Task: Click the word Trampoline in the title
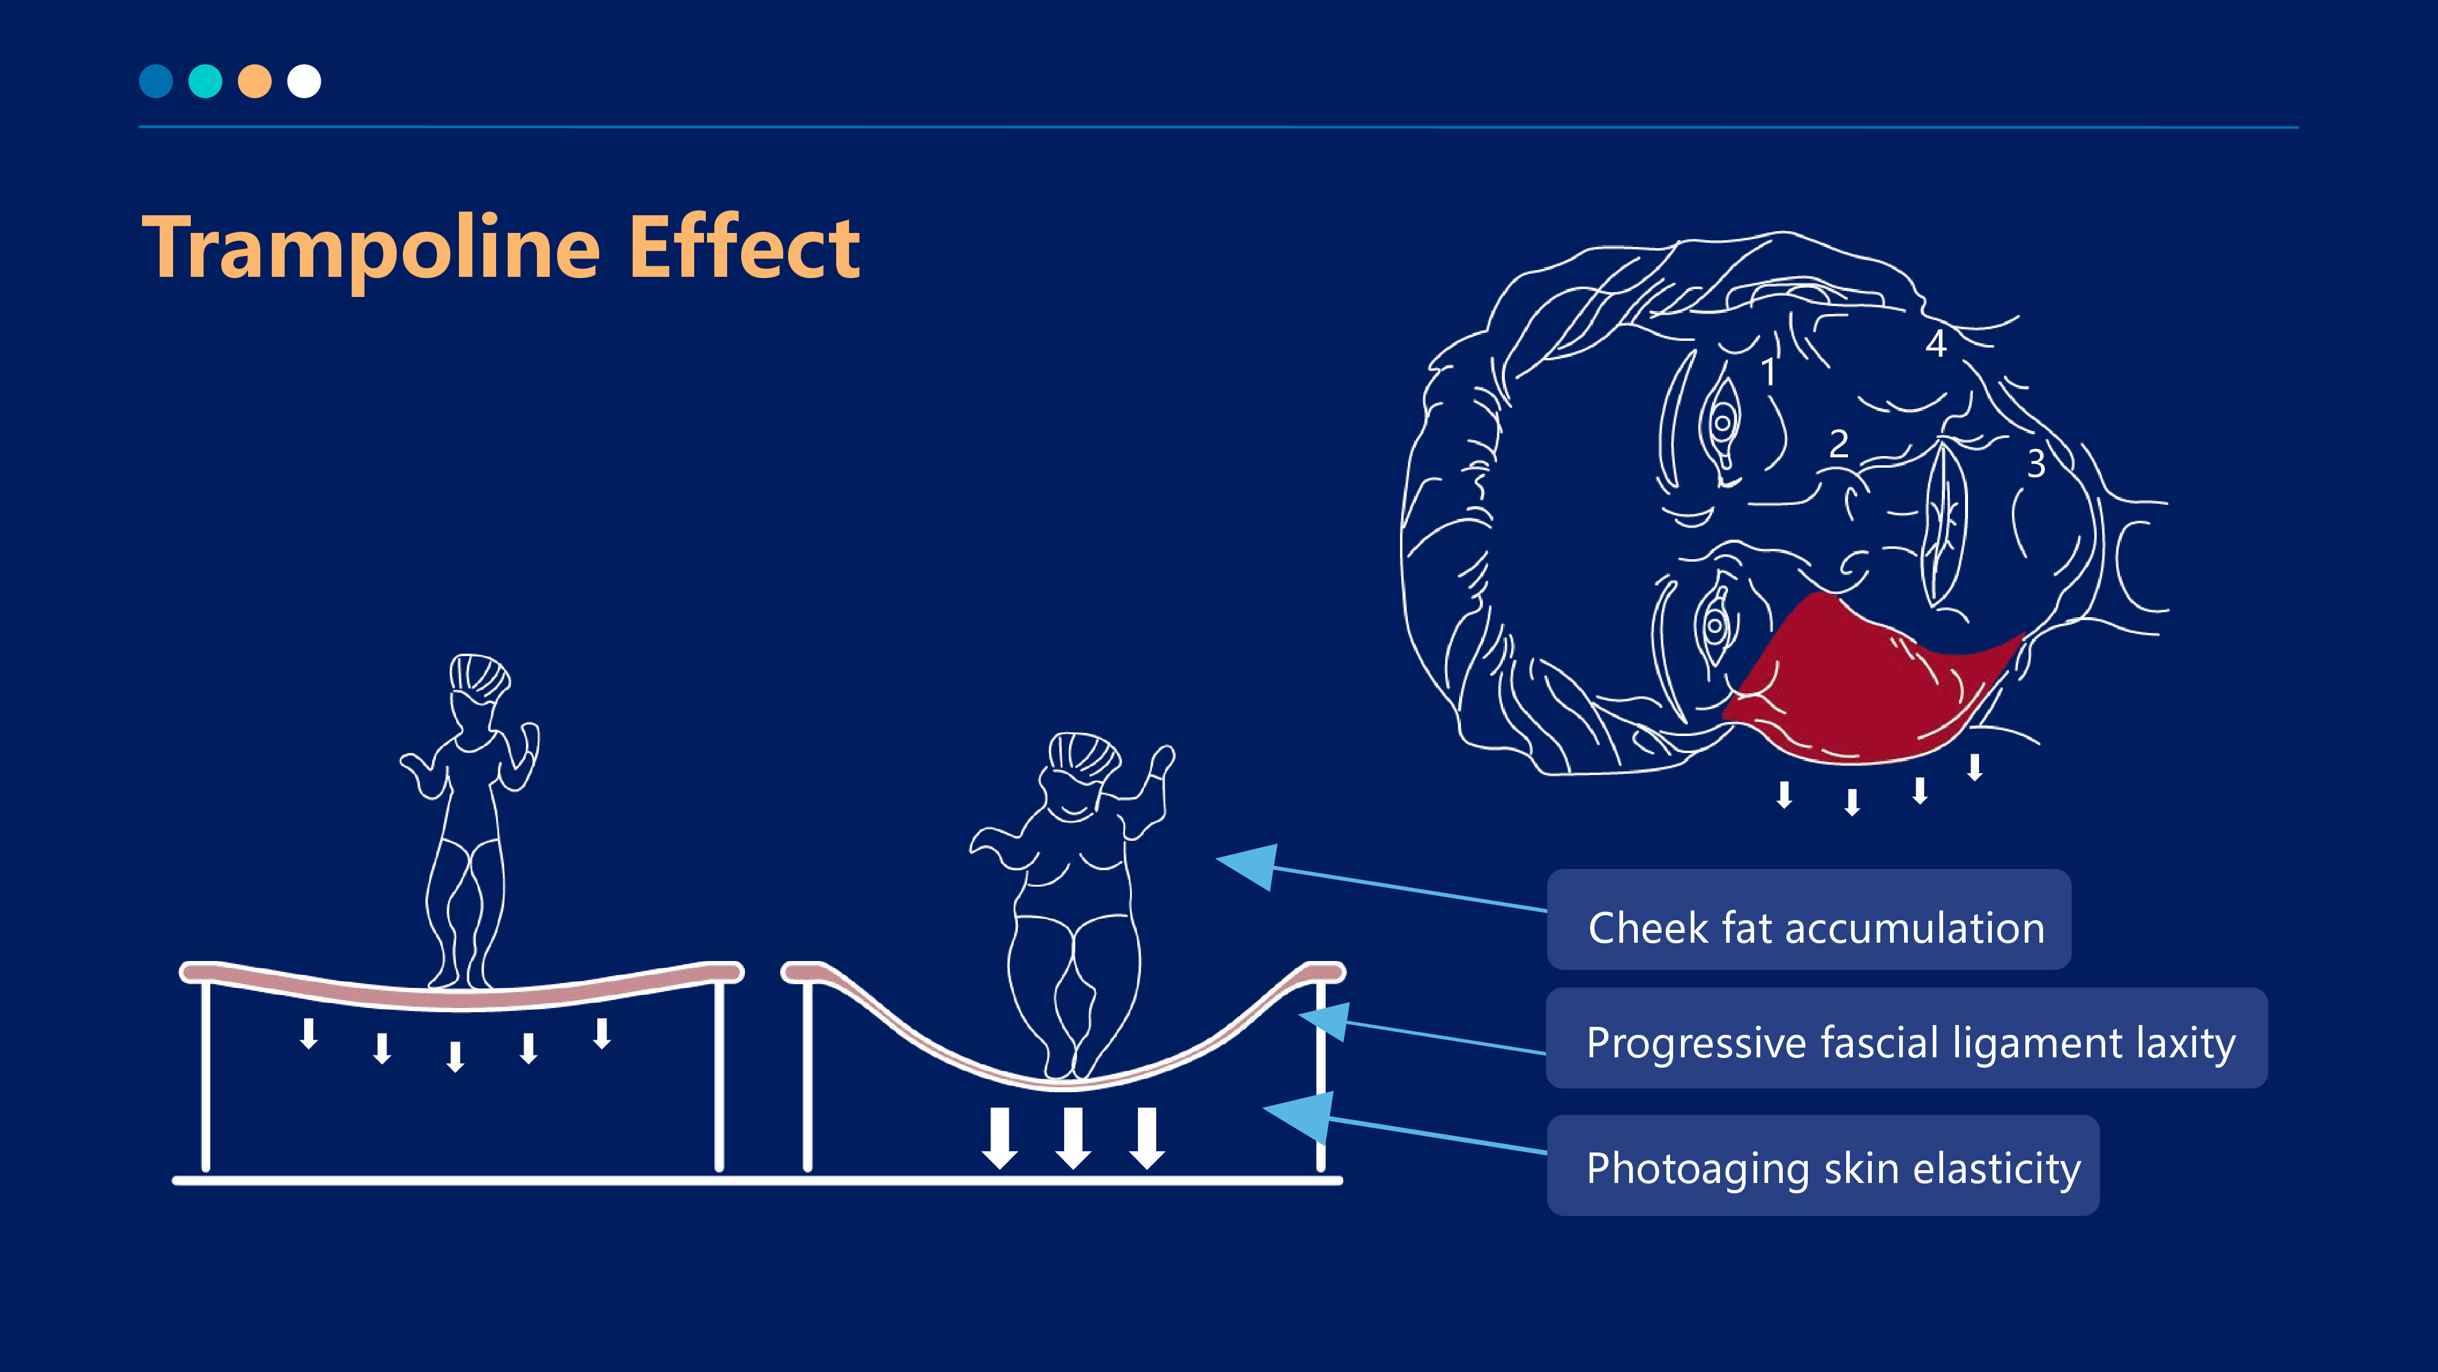coord(371,248)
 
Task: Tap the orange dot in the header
coord(255,82)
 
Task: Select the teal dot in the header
coord(205,82)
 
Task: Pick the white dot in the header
coord(304,82)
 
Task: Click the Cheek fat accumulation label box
coord(1808,920)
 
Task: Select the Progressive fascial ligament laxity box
coord(1906,1038)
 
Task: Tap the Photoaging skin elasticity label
coord(1823,1165)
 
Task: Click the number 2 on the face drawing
coord(1839,443)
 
